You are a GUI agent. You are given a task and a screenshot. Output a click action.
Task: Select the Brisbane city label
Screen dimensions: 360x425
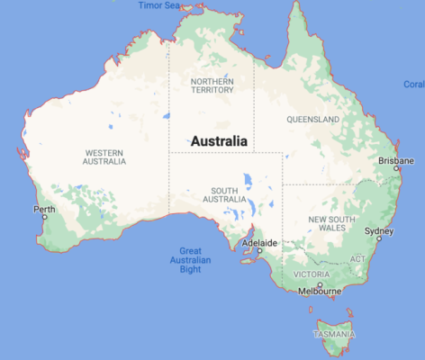click(395, 161)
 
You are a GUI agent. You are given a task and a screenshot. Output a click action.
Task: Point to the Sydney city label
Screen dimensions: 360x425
click(378, 229)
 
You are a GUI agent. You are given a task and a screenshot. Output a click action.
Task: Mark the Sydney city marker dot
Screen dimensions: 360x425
click(379, 238)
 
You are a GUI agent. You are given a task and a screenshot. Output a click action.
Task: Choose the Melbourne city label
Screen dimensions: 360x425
click(320, 292)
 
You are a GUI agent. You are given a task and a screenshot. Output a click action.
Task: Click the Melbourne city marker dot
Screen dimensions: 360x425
click(320, 283)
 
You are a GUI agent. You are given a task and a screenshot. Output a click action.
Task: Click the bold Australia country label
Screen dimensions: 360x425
click(219, 141)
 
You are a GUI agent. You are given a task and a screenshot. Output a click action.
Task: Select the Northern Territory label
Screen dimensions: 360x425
click(212, 85)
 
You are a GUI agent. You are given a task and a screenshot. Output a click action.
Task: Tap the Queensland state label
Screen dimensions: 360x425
click(312, 119)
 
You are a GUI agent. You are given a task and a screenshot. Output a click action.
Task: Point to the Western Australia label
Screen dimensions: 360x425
click(104, 156)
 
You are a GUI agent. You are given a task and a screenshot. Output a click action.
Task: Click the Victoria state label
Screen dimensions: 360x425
click(312, 274)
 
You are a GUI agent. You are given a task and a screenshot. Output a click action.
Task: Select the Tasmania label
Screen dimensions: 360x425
click(334, 334)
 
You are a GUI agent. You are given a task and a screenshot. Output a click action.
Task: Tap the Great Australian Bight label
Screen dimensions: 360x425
click(190, 259)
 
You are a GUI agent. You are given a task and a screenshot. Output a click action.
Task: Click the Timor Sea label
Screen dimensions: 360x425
click(159, 5)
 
